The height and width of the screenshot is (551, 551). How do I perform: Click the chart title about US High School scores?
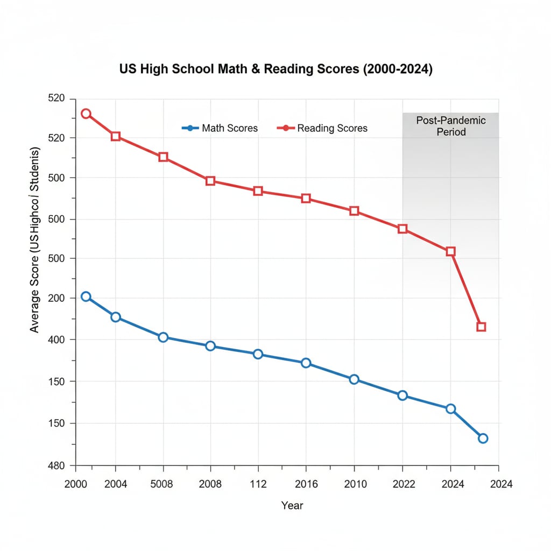point(275,70)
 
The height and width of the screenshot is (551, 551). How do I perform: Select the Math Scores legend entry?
point(220,128)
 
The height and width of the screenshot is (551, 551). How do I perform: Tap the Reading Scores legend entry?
point(322,128)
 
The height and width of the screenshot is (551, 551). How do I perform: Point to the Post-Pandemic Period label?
point(451,126)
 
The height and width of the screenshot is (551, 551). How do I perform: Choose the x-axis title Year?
point(292,505)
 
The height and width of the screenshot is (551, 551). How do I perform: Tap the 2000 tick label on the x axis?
point(76,484)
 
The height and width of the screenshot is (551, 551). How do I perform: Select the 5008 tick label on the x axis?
point(161,484)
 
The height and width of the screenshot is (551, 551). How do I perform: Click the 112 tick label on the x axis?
point(258,484)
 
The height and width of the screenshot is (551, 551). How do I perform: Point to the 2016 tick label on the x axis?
point(306,484)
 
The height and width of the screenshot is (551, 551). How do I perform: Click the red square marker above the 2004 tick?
point(116,136)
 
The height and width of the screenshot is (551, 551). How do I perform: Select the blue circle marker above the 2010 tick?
point(354,379)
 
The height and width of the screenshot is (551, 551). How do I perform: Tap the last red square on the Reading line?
point(481,327)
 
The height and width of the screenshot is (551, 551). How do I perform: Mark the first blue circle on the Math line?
point(86,296)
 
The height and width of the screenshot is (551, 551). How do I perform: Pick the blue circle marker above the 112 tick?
point(258,354)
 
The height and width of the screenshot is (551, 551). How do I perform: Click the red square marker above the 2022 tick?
point(402,229)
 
